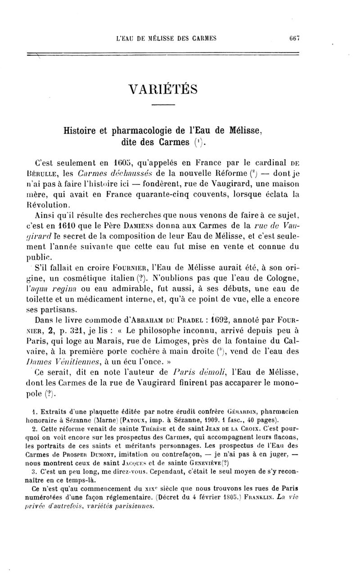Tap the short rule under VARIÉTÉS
(162, 105)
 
